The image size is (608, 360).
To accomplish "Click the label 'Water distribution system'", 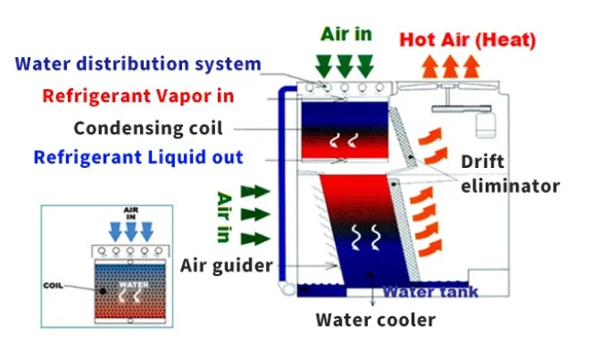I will (138, 64).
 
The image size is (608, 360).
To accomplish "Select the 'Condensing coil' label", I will (148, 127).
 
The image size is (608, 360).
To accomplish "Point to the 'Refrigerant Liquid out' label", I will (138, 157).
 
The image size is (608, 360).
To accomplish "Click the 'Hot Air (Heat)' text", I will (467, 40).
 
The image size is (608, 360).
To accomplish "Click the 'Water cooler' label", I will (375, 319).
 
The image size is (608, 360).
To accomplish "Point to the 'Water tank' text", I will (430, 292).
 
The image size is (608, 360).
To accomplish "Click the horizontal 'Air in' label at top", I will (346, 34).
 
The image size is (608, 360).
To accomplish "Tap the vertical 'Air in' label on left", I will (226, 215).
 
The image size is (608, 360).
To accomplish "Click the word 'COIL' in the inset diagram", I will (54, 286).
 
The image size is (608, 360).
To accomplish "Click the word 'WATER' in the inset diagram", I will (131, 286).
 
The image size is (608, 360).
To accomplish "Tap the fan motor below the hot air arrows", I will (487, 120).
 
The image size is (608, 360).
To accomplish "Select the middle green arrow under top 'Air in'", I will (345, 64).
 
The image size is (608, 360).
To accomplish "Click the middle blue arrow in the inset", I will (131, 231).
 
